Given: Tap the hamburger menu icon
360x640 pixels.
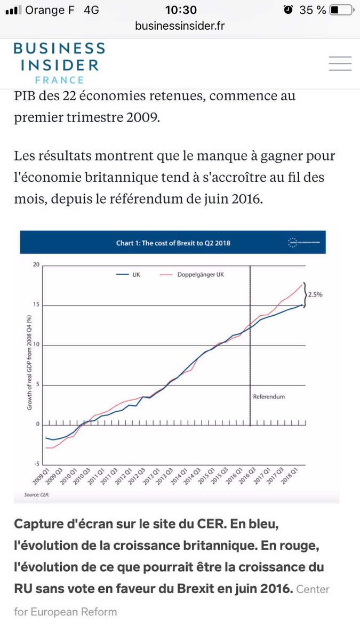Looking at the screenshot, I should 340,64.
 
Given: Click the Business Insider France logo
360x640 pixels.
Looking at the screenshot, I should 59,63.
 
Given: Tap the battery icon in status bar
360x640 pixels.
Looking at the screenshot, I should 341,10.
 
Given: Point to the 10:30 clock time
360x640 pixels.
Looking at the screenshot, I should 181,10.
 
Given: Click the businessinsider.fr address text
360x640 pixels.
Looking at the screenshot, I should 180,26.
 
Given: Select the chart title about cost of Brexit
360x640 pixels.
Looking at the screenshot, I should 173,244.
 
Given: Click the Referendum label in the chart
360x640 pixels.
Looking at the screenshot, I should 269,397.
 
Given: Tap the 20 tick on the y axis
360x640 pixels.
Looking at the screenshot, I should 36,265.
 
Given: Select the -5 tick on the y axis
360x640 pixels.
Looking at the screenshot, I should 36,463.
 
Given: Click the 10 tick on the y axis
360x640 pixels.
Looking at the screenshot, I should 37,345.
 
